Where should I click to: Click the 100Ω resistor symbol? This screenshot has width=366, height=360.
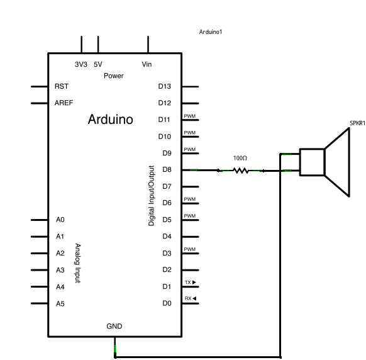(240, 170)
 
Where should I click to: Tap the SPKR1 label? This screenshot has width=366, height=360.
(357, 123)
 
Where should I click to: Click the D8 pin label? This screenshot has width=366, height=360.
(167, 169)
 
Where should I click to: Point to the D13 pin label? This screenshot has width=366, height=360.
(165, 86)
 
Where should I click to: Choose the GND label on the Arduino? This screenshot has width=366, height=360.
(114, 326)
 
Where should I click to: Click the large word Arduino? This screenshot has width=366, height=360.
(110, 119)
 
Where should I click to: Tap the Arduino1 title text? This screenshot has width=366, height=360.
(211, 31)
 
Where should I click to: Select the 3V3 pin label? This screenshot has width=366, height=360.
(81, 64)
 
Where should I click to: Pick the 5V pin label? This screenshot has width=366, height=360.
(98, 64)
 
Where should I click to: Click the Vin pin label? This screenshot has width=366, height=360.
(147, 64)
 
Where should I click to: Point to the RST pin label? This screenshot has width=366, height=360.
(62, 86)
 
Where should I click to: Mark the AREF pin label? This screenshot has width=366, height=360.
(64, 103)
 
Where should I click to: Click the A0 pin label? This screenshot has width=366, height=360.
(60, 220)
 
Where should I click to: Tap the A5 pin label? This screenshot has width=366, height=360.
(60, 303)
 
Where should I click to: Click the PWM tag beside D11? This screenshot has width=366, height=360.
(189, 116)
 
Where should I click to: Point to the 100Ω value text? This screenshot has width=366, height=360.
(240, 158)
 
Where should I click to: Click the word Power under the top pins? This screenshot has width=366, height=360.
(114, 76)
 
